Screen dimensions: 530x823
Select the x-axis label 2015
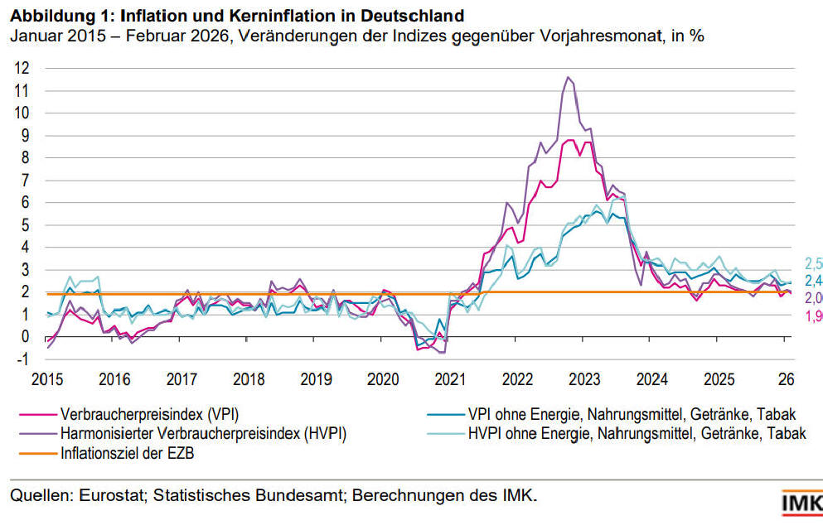pyautogui.click(x=47, y=380)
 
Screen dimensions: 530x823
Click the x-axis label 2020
pyautogui.click(x=382, y=380)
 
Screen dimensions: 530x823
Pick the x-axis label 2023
pyautogui.click(x=584, y=380)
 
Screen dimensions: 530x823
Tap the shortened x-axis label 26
pyautogui.click(x=786, y=380)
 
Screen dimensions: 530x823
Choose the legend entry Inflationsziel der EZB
pyautogui.click(x=126, y=453)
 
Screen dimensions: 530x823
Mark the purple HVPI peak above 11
pyautogui.click(x=568, y=78)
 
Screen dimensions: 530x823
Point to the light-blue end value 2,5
pyautogui.click(x=813, y=264)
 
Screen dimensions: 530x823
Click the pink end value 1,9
pyautogui.click(x=813, y=316)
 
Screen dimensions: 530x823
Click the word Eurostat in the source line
pyautogui.click(x=109, y=496)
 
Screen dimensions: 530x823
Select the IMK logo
pyautogui.click(x=801, y=503)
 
